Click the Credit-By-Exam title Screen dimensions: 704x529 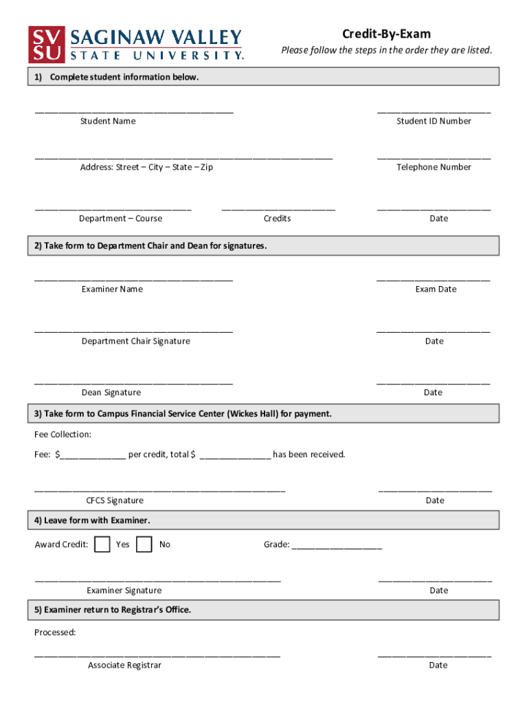[x=386, y=34]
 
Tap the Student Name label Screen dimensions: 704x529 [x=108, y=121]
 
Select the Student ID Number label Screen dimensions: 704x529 [x=434, y=121]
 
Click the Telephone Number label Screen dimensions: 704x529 [x=434, y=167]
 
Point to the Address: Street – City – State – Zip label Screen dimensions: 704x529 [x=146, y=167]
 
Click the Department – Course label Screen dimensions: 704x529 [x=120, y=219]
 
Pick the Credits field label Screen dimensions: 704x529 [x=278, y=219]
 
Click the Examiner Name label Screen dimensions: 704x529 [x=112, y=289]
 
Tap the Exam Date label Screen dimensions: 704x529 [x=436, y=289]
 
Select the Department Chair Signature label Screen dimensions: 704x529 [x=136, y=341]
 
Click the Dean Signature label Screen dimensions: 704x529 [x=111, y=393]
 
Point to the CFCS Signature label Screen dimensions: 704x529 [x=115, y=500]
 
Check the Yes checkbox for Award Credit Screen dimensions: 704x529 [x=102, y=544]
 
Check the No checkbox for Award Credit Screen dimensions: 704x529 [x=144, y=544]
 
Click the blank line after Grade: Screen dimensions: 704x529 [x=337, y=547]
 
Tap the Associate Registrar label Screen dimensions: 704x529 [x=124, y=665]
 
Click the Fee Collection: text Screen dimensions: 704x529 [x=63, y=434]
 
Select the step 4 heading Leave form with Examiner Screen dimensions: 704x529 [x=92, y=520]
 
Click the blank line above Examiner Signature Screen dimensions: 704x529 [x=158, y=581]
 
